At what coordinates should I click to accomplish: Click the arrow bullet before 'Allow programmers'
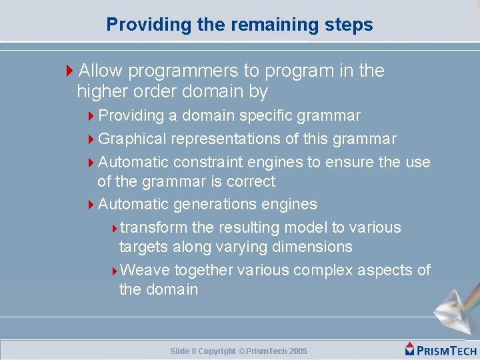[71, 71]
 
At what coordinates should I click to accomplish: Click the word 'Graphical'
[132, 139]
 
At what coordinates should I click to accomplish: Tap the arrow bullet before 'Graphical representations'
[92, 139]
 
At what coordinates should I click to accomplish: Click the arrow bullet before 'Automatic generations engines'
[92, 205]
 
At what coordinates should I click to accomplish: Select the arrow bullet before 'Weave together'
[114, 271]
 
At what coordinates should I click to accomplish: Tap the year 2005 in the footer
[298, 351]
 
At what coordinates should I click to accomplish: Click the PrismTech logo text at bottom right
[441, 350]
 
